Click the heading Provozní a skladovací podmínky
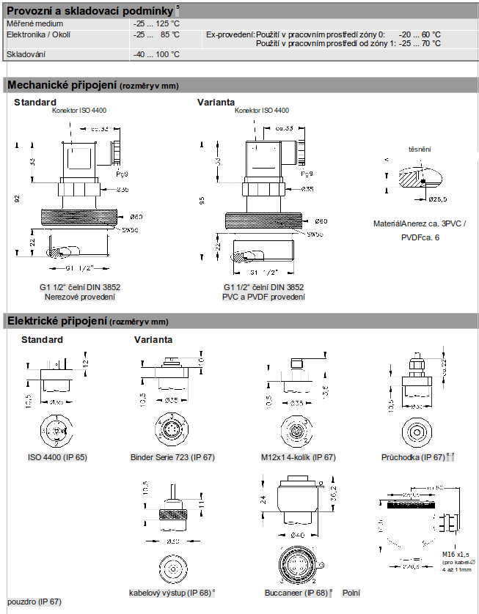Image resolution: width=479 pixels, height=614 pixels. pyautogui.click(x=90, y=11)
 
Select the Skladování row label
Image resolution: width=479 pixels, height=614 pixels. pyautogui.click(x=26, y=54)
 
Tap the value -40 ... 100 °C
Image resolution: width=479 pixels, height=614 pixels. pyautogui.click(x=156, y=54)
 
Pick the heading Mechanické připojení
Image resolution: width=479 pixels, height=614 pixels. pyautogui.click(x=62, y=86)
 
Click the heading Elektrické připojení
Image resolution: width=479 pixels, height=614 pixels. pyautogui.click(x=56, y=321)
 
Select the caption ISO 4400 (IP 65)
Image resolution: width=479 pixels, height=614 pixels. pyautogui.click(x=57, y=457)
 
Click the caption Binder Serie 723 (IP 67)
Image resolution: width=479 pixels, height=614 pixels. pyautogui.click(x=171, y=457)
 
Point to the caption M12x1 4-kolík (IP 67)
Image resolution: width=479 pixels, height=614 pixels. pyautogui.click(x=298, y=457)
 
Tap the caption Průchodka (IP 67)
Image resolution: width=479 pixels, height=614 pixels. pyautogui.click(x=413, y=457)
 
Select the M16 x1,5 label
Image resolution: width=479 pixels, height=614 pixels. pyautogui.click(x=456, y=555)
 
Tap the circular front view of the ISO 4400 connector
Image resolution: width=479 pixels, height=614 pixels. pyautogui.click(x=56, y=430)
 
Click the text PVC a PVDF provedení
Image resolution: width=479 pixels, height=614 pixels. pyautogui.click(x=263, y=297)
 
